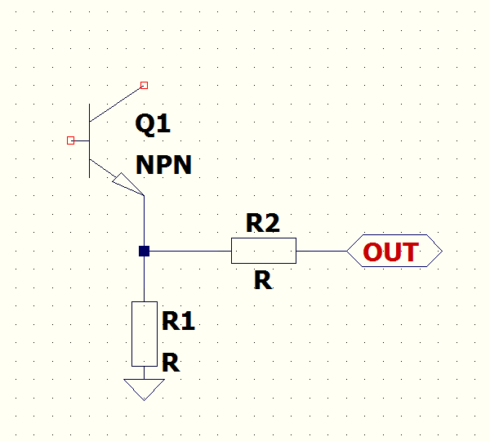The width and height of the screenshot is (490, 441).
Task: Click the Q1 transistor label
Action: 153,124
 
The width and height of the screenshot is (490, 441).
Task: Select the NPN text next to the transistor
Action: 163,165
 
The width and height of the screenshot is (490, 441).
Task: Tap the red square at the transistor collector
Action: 144,85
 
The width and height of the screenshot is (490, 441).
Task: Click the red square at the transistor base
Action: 70,140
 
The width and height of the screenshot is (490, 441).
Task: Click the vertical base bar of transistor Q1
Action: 89,140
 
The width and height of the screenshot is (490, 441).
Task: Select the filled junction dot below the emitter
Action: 144,251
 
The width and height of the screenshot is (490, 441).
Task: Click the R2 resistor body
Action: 263,251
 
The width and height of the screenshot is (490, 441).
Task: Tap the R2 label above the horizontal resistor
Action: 263,223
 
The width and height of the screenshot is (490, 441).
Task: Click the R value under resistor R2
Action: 263,280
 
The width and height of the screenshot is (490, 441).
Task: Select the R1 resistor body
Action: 144,333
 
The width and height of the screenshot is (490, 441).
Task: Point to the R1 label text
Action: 178,321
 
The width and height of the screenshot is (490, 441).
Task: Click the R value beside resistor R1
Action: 170,362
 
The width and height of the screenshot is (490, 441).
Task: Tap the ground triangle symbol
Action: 144,389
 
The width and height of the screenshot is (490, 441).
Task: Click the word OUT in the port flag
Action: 390,252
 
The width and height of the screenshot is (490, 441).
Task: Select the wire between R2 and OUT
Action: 321,251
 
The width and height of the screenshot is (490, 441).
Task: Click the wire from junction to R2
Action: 188,251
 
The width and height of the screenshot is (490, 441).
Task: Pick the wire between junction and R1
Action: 144,278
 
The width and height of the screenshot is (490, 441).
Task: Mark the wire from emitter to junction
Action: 144,220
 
